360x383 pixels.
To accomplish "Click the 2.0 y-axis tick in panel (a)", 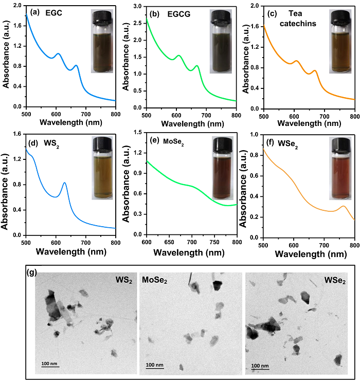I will point(19,6).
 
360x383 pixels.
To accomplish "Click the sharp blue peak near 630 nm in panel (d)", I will point(64,183).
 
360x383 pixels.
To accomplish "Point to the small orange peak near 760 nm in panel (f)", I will point(344,206).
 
